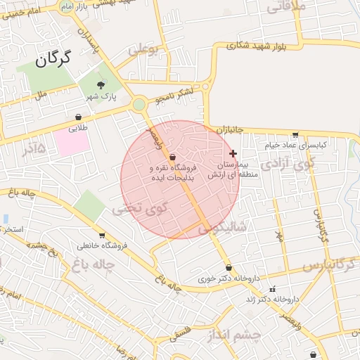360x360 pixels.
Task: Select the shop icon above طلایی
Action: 77,117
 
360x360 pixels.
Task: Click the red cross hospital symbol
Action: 233,153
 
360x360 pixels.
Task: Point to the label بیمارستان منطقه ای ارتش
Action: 224,169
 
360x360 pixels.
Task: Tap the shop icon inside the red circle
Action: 173,157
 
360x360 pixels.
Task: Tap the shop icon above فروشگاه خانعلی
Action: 103,236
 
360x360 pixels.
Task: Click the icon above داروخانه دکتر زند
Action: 273,289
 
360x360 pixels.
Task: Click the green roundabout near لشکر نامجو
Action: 138,105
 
